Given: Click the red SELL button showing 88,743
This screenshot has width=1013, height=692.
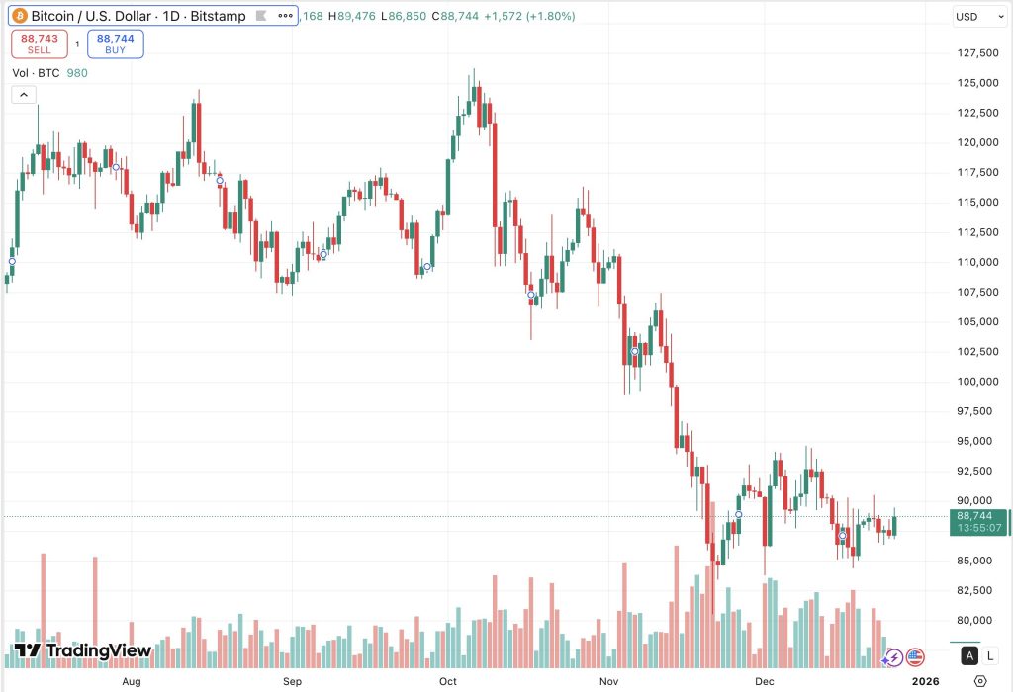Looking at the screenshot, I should [40, 43].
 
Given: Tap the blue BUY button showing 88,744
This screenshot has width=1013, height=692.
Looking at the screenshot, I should [116, 43].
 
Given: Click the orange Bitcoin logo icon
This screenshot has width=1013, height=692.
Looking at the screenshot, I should [19, 17].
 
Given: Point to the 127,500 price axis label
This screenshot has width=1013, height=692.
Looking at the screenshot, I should [972, 53].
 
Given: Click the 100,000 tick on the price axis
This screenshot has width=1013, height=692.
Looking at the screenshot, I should [972, 382].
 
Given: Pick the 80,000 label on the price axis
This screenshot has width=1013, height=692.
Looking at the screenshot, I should [972, 621].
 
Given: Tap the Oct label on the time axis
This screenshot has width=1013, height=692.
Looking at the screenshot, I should [448, 681].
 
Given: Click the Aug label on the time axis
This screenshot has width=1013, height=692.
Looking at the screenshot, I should [131, 681].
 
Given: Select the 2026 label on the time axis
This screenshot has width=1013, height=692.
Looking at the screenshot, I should [925, 681].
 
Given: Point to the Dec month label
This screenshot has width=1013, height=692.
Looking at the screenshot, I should [764, 681].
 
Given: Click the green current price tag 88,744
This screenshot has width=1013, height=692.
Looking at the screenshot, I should [977, 522].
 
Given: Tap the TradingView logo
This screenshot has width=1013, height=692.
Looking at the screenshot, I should [83, 650].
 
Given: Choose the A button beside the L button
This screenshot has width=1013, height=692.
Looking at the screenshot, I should [970, 655].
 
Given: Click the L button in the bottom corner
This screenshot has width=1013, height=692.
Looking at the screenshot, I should [992, 655].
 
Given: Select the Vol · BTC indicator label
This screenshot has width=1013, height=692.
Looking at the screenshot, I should [36, 73].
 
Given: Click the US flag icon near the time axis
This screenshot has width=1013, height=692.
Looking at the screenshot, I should [915, 656].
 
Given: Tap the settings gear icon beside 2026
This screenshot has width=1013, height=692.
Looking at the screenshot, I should [979, 681].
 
